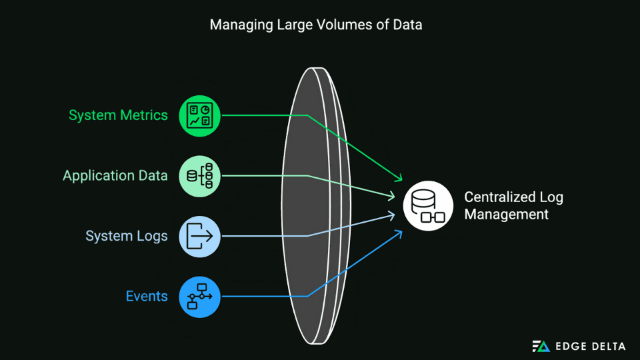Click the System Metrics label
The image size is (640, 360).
(118, 115)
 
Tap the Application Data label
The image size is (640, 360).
(115, 176)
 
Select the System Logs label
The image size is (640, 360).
(127, 236)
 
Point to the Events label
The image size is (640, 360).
(147, 296)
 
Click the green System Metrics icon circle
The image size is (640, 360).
(200, 115)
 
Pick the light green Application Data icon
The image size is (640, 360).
(200, 176)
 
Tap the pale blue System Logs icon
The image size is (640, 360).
(200, 236)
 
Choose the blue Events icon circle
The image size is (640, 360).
(200, 296)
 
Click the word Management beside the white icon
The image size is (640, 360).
(506, 215)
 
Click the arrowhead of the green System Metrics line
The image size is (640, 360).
(400, 179)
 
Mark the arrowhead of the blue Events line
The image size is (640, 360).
(400, 231)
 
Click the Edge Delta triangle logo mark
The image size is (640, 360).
(541, 346)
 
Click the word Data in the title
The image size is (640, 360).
(408, 25)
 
